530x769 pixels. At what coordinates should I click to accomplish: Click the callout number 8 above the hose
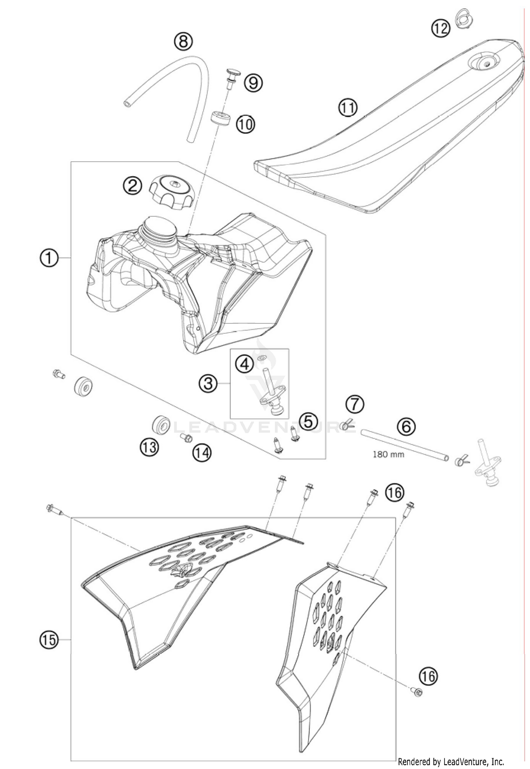[x=183, y=42]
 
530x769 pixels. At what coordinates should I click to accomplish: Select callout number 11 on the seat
[x=348, y=108]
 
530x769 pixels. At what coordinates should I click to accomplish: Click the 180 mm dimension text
[x=388, y=454]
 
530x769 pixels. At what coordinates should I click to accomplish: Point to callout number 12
[x=441, y=28]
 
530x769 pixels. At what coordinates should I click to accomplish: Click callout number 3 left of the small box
[x=208, y=383]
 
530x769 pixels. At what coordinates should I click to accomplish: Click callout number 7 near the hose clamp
[x=355, y=405]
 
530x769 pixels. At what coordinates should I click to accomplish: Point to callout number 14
[x=201, y=453]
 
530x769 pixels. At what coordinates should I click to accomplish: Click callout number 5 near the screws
[x=308, y=422]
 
